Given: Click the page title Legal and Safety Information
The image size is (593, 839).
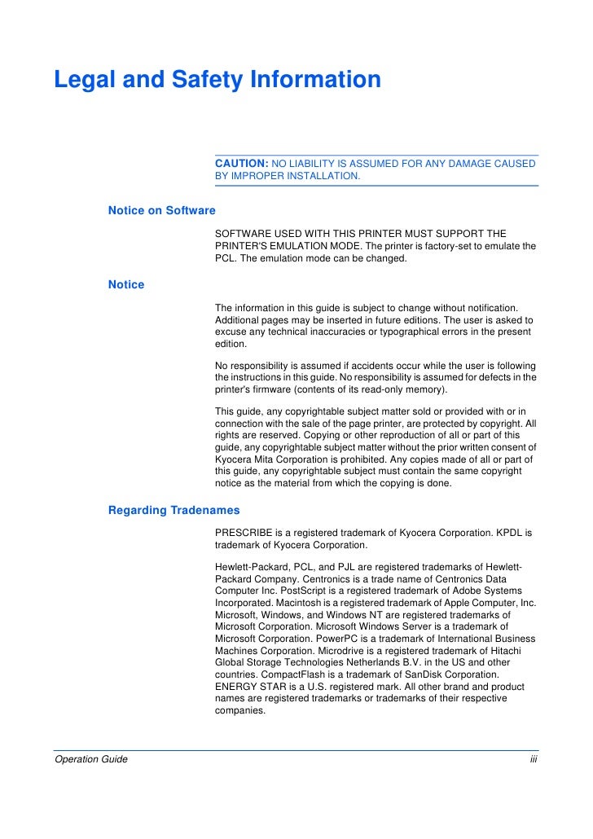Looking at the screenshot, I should [x=217, y=81].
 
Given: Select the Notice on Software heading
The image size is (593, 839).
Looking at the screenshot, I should [x=161, y=211].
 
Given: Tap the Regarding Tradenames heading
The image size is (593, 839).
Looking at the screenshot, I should [x=174, y=511].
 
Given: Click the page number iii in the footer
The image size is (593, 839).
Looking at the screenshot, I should [x=534, y=760].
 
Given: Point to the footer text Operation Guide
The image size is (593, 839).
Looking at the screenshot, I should [x=90, y=760].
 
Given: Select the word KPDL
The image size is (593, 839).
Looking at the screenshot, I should [x=511, y=533].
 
